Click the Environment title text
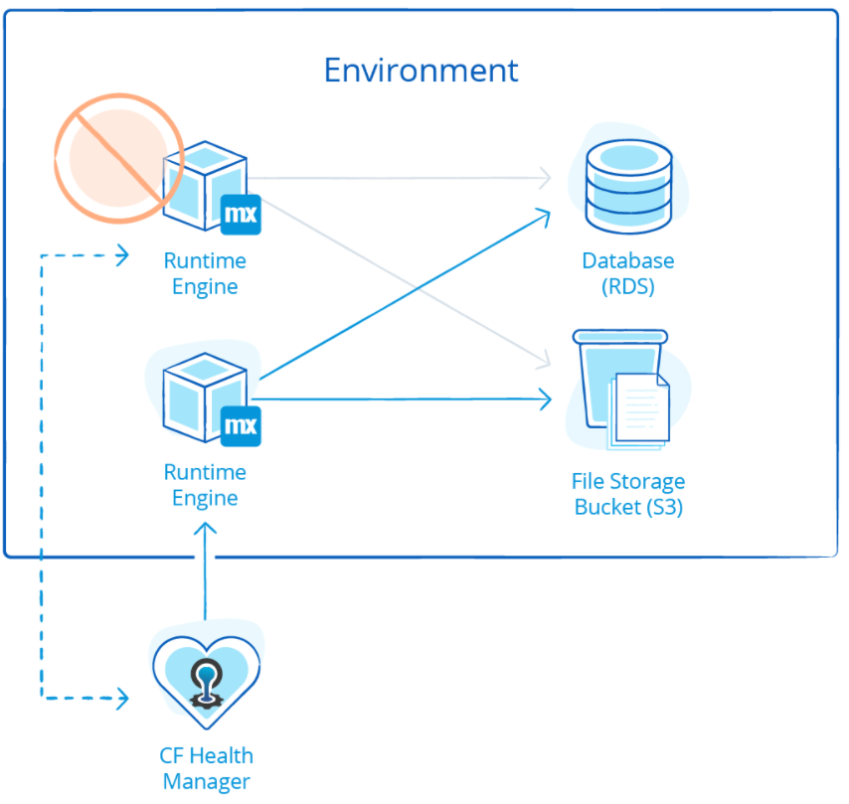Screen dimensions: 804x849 (x=422, y=71)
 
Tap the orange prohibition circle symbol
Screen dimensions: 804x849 (x=116, y=156)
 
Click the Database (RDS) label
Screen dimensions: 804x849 (x=628, y=273)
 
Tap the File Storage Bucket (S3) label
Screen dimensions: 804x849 (x=628, y=494)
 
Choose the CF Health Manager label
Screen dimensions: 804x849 (x=206, y=767)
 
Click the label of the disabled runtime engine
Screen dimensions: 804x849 (x=205, y=273)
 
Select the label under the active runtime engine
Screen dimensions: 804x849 (x=205, y=485)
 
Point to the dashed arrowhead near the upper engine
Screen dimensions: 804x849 (x=122, y=255)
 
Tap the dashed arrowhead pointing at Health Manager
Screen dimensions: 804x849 (x=122, y=699)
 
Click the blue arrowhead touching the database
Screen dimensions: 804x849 (x=545, y=214)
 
